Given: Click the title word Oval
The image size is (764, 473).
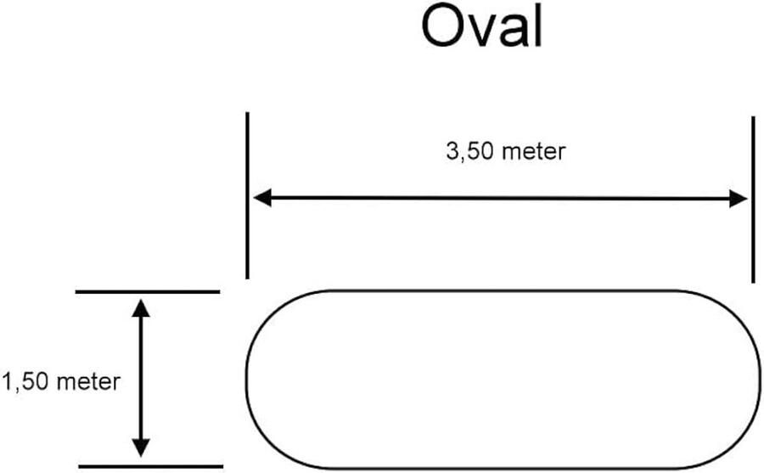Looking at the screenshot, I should [481, 28].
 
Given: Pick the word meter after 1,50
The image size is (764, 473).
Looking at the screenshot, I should [88, 381].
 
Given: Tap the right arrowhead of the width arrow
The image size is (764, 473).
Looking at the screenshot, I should [739, 199].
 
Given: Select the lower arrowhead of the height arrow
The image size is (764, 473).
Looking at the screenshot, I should [142, 448].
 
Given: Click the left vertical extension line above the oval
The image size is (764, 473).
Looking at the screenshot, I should [247, 195].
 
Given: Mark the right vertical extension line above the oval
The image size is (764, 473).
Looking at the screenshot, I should [753, 200].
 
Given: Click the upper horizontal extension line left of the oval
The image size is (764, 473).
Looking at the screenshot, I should [148, 291].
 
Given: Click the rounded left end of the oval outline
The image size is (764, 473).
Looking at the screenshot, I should [248, 379].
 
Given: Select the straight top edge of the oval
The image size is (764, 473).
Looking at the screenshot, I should [501, 291].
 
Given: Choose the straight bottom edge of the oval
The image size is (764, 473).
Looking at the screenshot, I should [501, 468].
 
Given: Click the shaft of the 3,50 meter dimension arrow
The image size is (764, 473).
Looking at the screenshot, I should [501, 199].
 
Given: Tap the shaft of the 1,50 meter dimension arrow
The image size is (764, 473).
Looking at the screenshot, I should [142, 378].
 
